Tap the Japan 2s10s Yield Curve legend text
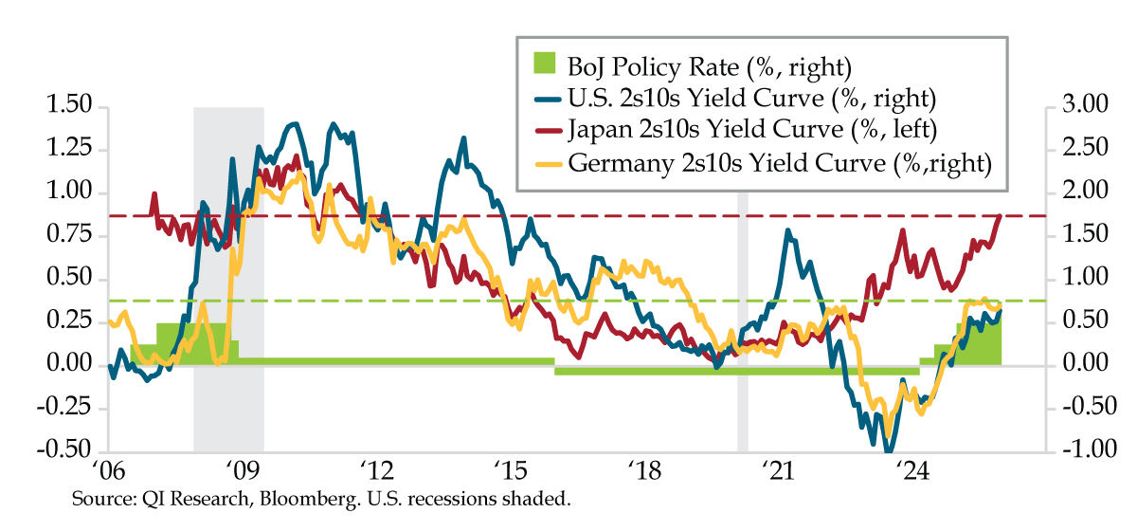tap(758, 130)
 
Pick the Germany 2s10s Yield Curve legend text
tap(779, 162)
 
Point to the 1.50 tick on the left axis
tap(69, 106)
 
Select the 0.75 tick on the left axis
tap(69, 236)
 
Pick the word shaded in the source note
tap(540, 498)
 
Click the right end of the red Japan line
tap(1001, 216)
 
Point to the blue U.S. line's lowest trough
tap(889, 449)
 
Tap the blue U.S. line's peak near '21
tap(788, 230)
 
